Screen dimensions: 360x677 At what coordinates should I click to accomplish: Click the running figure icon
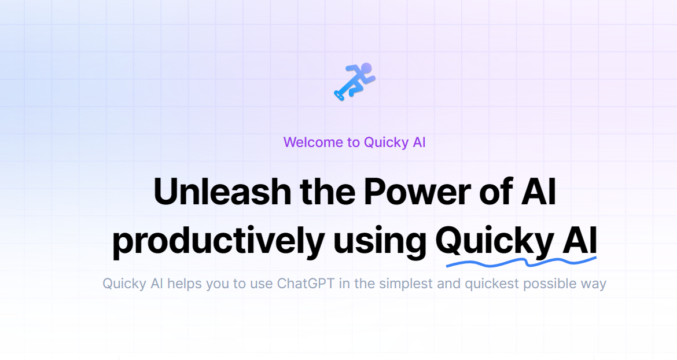point(355,82)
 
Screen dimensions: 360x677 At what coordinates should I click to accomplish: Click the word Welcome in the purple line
point(313,142)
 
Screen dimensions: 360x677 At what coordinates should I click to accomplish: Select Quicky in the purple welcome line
point(385,142)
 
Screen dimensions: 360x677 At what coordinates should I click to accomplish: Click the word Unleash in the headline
point(218,193)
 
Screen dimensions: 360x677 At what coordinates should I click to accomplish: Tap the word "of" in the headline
point(492,193)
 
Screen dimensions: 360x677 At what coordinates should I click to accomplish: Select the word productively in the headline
point(218,242)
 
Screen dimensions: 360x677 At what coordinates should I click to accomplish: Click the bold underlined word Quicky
point(494,242)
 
